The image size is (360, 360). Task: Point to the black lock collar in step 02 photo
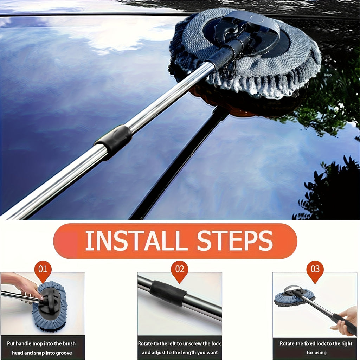168,293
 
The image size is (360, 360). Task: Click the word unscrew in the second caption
190,343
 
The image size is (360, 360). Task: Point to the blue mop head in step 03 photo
294,298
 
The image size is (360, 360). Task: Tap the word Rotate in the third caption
287,343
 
